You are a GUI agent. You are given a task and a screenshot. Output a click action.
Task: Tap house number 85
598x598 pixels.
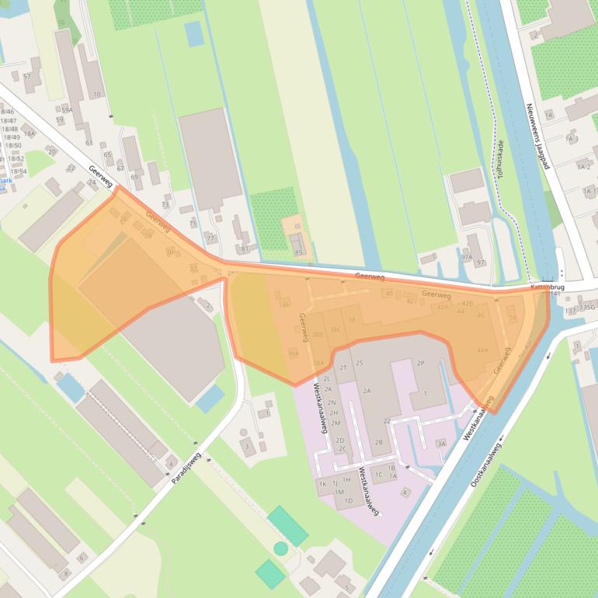click(298, 253)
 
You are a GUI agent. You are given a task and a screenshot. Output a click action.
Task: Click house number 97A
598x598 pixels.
click(466, 256)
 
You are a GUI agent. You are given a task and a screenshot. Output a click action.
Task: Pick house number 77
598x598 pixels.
click(210, 238)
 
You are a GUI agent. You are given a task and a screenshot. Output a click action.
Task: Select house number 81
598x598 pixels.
click(245, 249)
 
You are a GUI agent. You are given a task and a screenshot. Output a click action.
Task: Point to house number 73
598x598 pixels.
click(165, 204)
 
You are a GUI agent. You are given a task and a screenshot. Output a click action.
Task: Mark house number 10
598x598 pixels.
click(97, 95)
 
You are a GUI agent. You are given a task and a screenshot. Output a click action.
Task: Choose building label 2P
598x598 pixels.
click(420, 363)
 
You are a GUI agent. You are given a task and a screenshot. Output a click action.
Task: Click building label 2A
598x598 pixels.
click(367, 391)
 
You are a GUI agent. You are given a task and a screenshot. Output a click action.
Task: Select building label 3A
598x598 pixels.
click(441, 443)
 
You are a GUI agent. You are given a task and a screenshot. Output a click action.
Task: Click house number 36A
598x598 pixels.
click(293, 353)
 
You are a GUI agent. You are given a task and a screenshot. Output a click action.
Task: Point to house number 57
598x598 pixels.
click(27, 76)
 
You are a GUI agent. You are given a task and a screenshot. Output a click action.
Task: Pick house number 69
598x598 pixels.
click(135, 177)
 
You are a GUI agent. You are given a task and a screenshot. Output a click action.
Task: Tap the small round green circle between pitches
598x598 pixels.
click(280, 549)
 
